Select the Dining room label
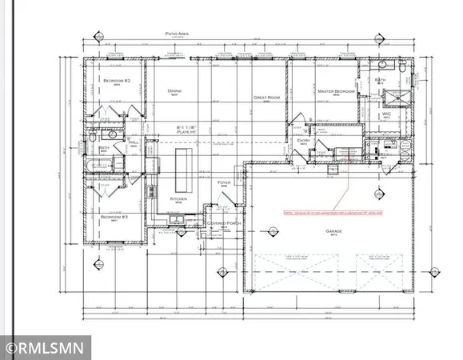(174, 91)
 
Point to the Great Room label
(265, 98)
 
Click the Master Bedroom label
(335, 92)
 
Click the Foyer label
(225, 182)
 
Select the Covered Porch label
(224, 223)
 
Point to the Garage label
(333, 230)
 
